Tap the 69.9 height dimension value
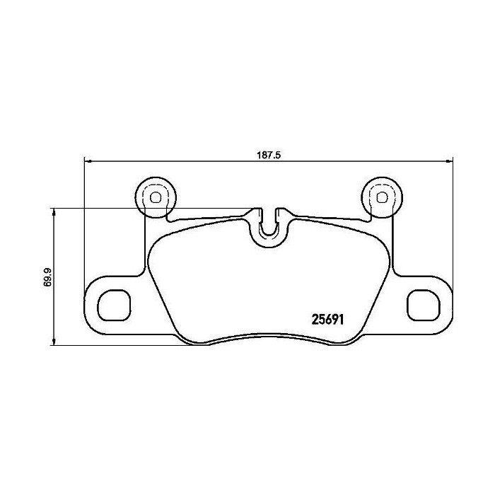coord(47,276)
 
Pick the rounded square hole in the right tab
coord(421,305)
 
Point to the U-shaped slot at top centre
coord(268,225)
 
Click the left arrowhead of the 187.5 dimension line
coord(87,162)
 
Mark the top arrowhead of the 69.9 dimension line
coord(54,211)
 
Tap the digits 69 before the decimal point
coord(47,280)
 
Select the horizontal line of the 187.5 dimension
coord(177,162)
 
